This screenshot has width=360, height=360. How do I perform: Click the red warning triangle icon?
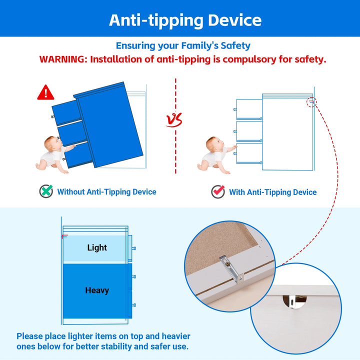[x=45, y=92]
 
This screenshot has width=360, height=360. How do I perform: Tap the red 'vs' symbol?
[x=174, y=119]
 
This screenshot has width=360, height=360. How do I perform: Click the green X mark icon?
[x=46, y=191]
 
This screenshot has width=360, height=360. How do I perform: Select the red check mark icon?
[x=218, y=191]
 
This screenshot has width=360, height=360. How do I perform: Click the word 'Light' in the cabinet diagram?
[x=97, y=247]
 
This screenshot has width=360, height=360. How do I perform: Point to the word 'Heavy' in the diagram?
[x=97, y=290]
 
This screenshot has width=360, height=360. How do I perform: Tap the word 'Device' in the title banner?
[x=234, y=20]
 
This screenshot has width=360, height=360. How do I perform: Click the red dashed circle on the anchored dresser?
[x=311, y=102]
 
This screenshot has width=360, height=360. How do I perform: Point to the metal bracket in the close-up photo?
[x=231, y=268]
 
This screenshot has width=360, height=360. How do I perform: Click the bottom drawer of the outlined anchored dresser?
[x=249, y=153]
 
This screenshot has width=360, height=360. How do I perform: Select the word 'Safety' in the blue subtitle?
[x=235, y=46]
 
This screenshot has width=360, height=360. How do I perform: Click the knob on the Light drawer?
[x=134, y=248]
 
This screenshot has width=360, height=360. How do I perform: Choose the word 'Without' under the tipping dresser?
[x=70, y=191]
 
